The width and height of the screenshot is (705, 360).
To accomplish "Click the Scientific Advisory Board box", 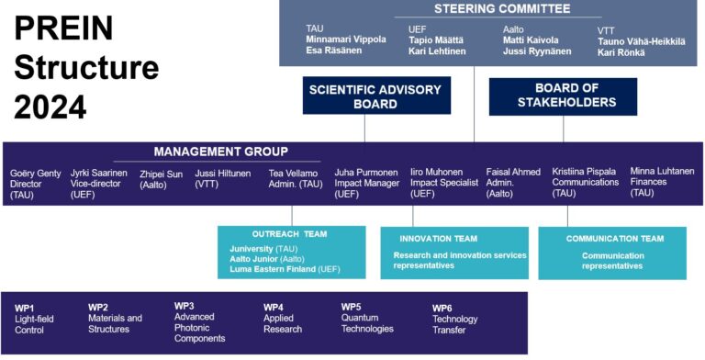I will pyautogui.click(x=364, y=96).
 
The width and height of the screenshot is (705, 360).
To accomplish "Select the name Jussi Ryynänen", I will pyautogui.click(x=537, y=51).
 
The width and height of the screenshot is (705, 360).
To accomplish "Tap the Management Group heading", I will pyautogui.click(x=220, y=152).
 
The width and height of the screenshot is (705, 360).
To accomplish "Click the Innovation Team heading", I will pyautogui.click(x=438, y=238).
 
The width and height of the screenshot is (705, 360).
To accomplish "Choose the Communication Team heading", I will pyautogui.click(x=613, y=238).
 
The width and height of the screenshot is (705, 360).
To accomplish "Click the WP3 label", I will pyautogui.click(x=185, y=305).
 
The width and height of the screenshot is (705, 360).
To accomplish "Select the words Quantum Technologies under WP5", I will pyautogui.click(x=367, y=323).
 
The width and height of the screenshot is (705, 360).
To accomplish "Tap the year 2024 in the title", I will pyautogui.click(x=50, y=107).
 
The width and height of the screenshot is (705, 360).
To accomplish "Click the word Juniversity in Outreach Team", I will pyautogui.click(x=251, y=249).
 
